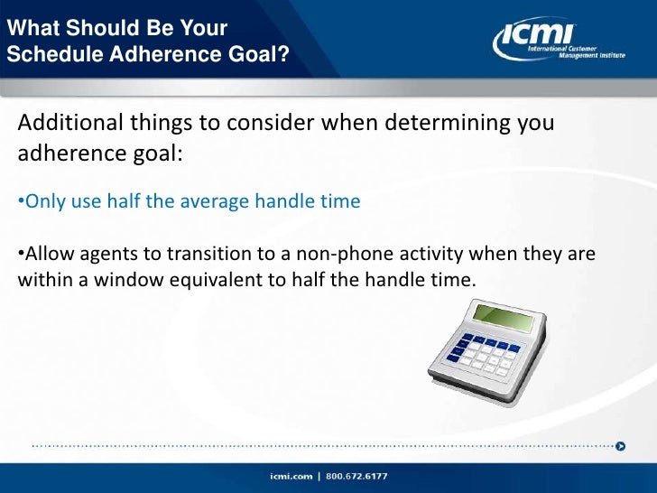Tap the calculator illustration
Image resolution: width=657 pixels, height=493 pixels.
[x=487, y=347]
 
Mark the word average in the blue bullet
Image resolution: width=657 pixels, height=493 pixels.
[x=219, y=200]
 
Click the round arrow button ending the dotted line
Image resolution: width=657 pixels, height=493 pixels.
[x=621, y=445]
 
